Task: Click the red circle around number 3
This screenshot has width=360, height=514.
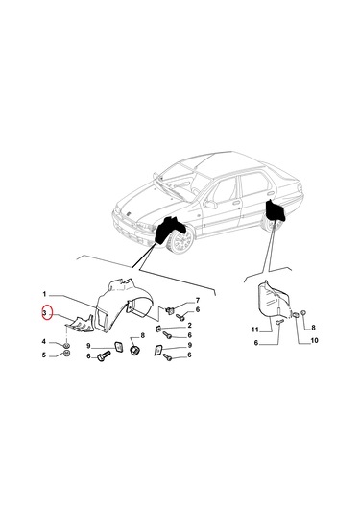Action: click(x=47, y=314)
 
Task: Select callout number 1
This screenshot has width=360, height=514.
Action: click(x=44, y=294)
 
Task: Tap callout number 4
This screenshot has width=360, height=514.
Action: click(x=44, y=342)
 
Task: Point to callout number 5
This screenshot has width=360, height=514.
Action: click(x=44, y=355)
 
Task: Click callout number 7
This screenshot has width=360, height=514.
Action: click(x=198, y=301)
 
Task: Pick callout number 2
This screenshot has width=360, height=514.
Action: click(x=189, y=326)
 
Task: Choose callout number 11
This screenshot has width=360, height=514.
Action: click(x=255, y=330)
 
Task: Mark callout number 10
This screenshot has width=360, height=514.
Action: click(x=314, y=341)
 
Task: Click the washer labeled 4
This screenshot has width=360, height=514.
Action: click(x=66, y=346)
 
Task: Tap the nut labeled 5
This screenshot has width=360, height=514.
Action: click(x=67, y=354)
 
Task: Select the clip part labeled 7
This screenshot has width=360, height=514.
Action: click(x=170, y=309)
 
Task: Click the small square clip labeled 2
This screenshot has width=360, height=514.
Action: click(x=157, y=329)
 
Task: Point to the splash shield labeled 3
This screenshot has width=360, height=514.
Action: click(x=80, y=325)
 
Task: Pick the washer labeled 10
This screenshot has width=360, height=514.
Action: click(x=296, y=315)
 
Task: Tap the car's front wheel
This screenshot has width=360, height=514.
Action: click(x=180, y=242)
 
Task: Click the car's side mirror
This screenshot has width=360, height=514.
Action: click(x=211, y=205)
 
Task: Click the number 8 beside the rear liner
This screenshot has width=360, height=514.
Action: click(x=313, y=328)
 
